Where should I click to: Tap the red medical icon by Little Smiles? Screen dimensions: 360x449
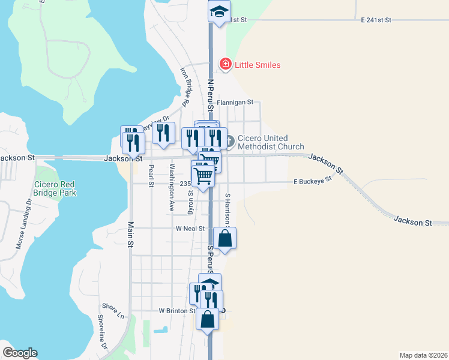pos(225,64)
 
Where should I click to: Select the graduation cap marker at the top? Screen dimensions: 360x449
pos(220,11)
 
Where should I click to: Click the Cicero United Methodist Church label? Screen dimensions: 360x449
pos(271,142)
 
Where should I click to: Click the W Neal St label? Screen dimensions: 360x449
pos(190,229)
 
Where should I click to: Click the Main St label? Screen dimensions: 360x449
pos(130,234)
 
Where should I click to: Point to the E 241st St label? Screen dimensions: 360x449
pos(376,20)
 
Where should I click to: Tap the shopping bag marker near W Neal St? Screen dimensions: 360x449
pos(224,239)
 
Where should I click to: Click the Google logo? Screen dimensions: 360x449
pos(20,353)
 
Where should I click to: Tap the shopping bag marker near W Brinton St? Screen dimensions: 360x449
pos(207,320)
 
